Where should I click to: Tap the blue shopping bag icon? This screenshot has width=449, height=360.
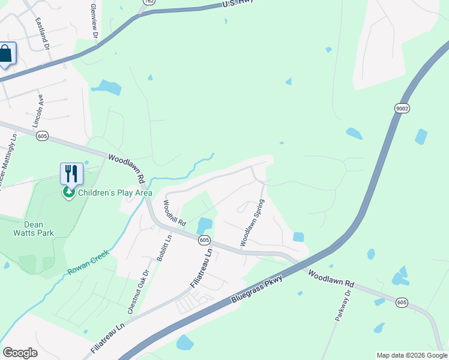(x=6, y=54)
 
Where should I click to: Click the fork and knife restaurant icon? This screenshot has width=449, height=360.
(x=71, y=173)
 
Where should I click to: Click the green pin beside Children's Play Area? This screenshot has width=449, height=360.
(x=69, y=193)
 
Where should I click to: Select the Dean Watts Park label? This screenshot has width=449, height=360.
(x=34, y=228)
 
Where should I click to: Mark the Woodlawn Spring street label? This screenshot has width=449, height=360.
(x=252, y=222)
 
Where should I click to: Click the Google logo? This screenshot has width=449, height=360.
(x=20, y=353)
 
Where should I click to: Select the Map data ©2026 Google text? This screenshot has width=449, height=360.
(x=412, y=355)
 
